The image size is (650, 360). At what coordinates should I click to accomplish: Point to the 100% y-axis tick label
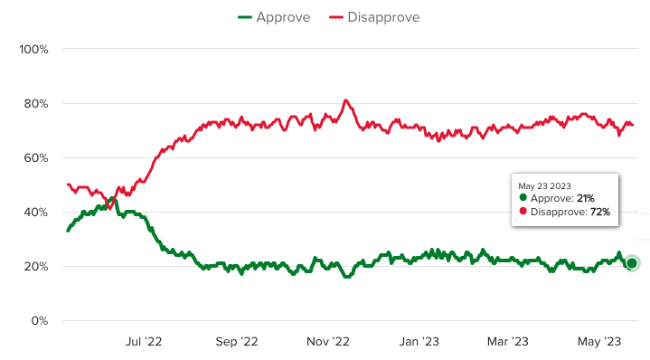pos(33,49)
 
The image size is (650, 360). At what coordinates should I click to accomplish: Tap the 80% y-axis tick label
pos(35,103)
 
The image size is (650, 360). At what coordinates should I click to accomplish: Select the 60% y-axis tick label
pos(35,157)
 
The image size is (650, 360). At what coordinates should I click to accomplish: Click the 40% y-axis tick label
pos(35,213)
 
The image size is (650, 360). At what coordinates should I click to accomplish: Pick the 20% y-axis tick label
pos(35,267)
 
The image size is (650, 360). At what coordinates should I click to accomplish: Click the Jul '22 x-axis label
pos(143,341)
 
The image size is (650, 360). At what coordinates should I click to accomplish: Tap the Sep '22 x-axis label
pos(237,341)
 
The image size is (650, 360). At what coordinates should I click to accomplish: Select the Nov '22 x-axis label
pos(328,341)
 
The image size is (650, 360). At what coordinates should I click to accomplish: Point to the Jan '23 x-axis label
pos(419,341)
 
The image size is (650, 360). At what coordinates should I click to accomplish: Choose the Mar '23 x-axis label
pos(507,341)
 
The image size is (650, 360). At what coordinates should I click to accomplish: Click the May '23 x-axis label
pos(599,341)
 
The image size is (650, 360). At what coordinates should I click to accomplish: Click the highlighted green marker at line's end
pos(632,263)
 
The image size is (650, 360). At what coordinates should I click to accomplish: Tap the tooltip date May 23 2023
pos(544,185)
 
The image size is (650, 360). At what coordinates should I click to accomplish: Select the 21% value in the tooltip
pos(582,198)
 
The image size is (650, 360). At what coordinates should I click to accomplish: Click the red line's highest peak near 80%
pos(345,100)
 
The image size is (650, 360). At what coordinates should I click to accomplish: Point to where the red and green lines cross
pos(110,202)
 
